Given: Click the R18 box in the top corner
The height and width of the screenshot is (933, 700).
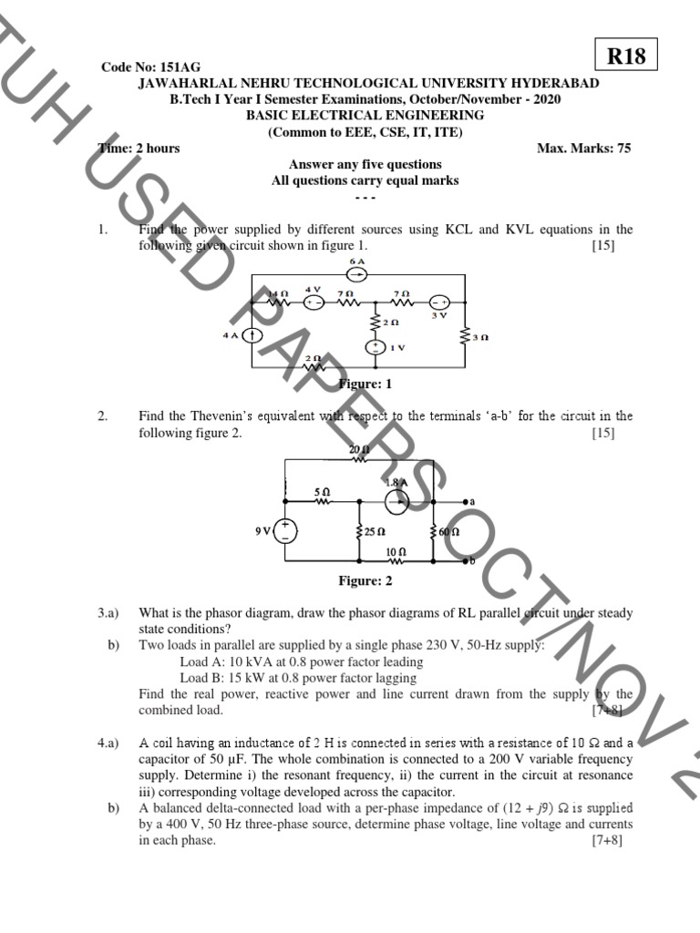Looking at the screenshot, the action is [x=625, y=56].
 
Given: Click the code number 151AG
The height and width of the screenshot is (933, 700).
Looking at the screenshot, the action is [x=151, y=68].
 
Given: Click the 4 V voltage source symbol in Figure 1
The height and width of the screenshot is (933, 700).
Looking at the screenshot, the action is [x=314, y=302].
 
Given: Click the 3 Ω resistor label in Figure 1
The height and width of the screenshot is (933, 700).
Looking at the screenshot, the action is [x=480, y=337].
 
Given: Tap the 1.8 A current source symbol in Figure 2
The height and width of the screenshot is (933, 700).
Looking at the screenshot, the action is [x=395, y=500].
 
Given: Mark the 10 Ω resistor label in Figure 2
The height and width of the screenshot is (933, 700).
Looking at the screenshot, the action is [x=395, y=552].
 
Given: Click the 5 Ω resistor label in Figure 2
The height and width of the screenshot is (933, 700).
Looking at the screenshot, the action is [x=322, y=491].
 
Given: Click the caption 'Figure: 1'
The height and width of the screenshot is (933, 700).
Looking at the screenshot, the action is [x=365, y=384].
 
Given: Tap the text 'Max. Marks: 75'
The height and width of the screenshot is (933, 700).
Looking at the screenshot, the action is [x=583, y=149].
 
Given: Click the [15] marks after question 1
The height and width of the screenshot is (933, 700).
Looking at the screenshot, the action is [x=603, y=246].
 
